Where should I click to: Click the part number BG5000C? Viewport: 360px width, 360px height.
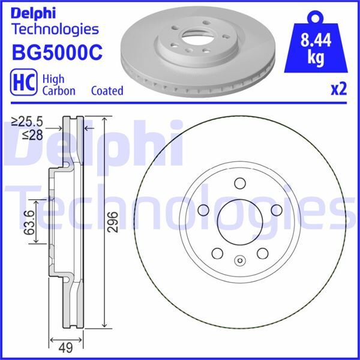tap(57, 52)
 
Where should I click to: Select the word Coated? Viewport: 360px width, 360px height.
tap(107, 91)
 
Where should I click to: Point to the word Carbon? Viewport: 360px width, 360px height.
tap(58, 91)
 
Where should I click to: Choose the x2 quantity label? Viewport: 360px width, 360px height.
tap(339, 90)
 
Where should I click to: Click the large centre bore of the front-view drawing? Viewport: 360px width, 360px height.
tap(239, 222)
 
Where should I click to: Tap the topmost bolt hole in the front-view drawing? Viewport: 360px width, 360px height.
tap(239, 184)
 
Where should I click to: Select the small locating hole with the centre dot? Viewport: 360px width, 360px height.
tap(239, 261)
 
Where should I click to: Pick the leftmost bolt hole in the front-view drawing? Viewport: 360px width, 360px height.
tap(202, 210)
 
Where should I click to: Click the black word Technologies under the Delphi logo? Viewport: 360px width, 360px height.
tap(55, 28)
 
